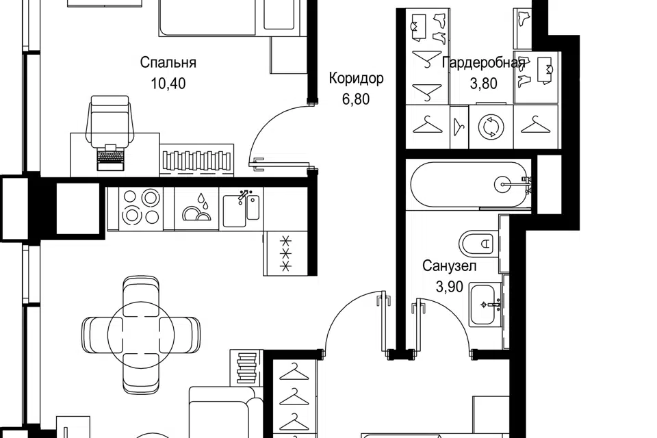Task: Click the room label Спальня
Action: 168,63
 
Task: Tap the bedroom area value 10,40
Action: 168,83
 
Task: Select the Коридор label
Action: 356,79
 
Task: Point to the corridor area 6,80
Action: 356,99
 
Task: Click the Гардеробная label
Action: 484,63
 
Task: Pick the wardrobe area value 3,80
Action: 484,83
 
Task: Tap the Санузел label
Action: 449,266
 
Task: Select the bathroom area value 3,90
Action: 449,287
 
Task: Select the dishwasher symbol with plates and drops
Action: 196,208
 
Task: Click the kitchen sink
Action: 241,209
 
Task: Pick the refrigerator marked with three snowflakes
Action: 285,253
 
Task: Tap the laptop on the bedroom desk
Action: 111,158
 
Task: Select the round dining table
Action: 141,334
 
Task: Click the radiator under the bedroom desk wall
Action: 196,160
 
